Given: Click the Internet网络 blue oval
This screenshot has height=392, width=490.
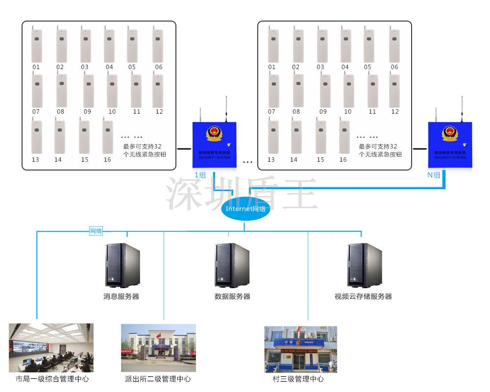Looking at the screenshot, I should (x=245, y=209).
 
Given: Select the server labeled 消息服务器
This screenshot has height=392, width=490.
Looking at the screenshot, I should (x=122, y=265).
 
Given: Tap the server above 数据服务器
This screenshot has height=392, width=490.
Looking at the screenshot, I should (x=232, y=265).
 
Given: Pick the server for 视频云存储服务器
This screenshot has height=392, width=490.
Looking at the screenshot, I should (x=365, y=265).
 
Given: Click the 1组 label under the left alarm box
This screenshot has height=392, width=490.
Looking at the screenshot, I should (x=200, y=175).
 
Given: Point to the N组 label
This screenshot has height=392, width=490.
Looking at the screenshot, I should (x=434, y=175).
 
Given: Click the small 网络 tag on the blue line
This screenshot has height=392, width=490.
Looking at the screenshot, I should (x=96, y=231).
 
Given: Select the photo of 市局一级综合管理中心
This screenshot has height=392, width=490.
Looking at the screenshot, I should (x=51, y=348).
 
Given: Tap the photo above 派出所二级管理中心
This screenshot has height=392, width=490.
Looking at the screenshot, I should (x=158, y=348).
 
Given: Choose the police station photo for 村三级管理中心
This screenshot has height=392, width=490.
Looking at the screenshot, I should (x=300, y=349).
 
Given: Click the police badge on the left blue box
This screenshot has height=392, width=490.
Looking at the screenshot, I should (x=214, y=133).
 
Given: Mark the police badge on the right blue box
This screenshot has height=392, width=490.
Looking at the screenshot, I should (x=449, y=133).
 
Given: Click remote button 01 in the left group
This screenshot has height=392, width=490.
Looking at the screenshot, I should (x=37, y=46).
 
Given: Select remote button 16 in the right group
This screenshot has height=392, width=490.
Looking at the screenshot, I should (x=344, y=137).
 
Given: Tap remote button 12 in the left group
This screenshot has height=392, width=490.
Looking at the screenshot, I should (x=158, y=91).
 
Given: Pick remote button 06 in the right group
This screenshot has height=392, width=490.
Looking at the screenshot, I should (x=394, y=46).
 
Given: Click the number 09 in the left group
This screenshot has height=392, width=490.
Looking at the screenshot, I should (x=87, y=112).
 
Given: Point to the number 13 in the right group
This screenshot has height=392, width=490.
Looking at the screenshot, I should (x=271, y=160).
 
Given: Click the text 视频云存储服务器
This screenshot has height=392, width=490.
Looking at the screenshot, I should (x=363, y=296).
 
